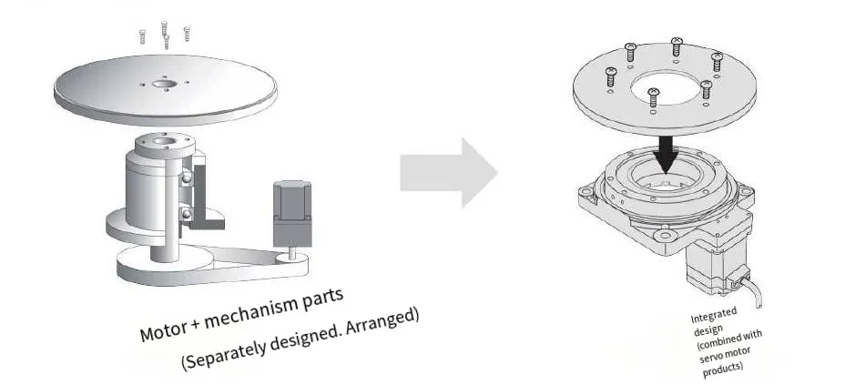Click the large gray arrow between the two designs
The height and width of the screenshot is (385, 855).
[x=449, y=173]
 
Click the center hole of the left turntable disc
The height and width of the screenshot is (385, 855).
[x=164, y=86]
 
